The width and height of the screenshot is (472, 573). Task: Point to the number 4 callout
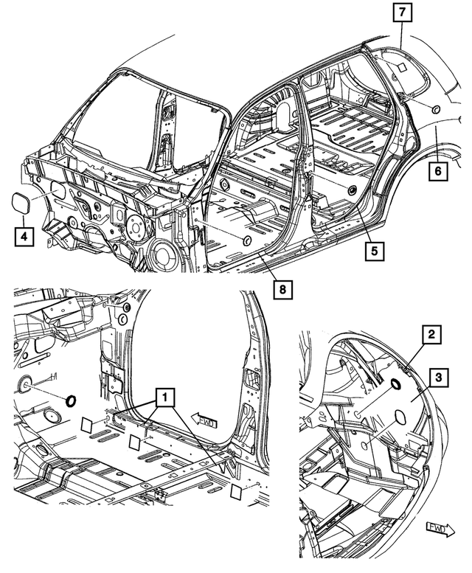(x=24, y=237)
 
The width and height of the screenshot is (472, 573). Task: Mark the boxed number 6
(x=437, y=171)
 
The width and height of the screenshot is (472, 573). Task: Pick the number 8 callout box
(x=280, y=288)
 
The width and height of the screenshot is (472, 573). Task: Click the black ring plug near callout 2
(x=394, y=383)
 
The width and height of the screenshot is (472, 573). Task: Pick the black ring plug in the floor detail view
(x=72, y=400)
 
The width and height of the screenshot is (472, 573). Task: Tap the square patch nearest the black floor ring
(x=86, y=425)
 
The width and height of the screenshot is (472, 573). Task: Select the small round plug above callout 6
(x=433, y=109)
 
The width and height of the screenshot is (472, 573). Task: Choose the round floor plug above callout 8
(x=246, y=240)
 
